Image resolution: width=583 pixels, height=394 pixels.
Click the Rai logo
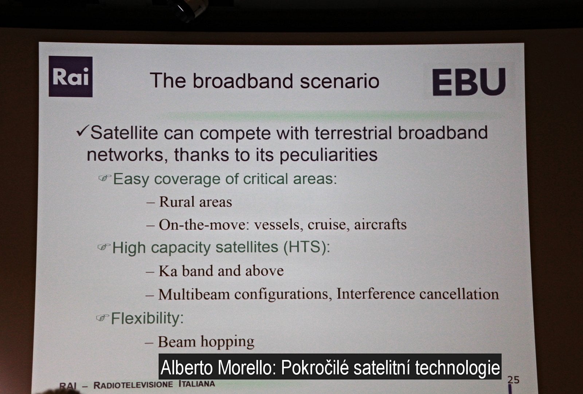[71, 76]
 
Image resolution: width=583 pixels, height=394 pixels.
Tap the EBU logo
[469, 82]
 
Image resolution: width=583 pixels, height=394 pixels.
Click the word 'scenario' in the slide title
[340, 81]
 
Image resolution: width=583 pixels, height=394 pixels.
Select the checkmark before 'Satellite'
[82, 131]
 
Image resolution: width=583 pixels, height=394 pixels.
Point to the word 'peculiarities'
[328, 155]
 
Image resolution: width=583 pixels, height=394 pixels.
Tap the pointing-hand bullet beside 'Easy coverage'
[105, 178]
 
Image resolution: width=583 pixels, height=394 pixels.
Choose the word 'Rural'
[176, 202]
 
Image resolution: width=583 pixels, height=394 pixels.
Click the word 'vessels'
[279, 224]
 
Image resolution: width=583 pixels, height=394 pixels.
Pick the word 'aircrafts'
[380, 224]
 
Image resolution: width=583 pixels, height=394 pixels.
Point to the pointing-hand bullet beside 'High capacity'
[104, 247]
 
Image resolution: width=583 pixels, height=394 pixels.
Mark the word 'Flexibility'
[145, 318]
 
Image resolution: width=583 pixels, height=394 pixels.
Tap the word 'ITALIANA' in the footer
[197, 384]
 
